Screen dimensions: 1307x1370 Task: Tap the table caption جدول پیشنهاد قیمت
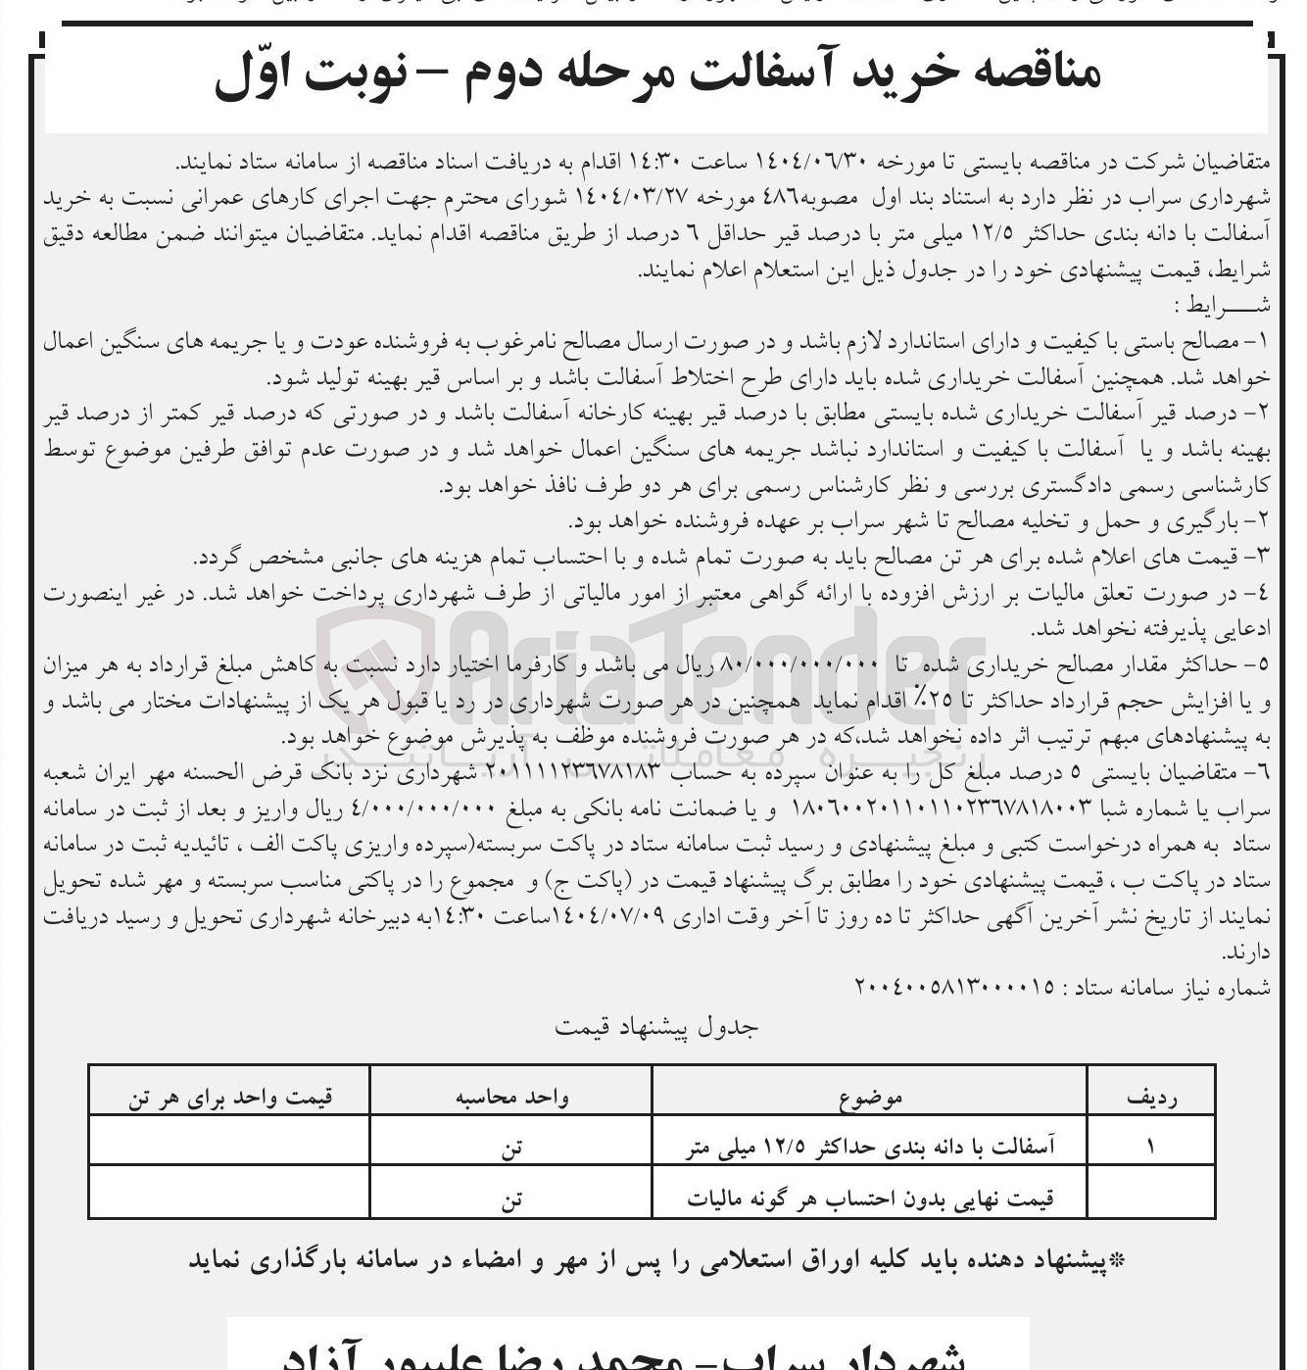point(654,1027)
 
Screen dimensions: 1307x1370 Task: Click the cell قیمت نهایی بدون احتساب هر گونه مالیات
point(871,1198)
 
